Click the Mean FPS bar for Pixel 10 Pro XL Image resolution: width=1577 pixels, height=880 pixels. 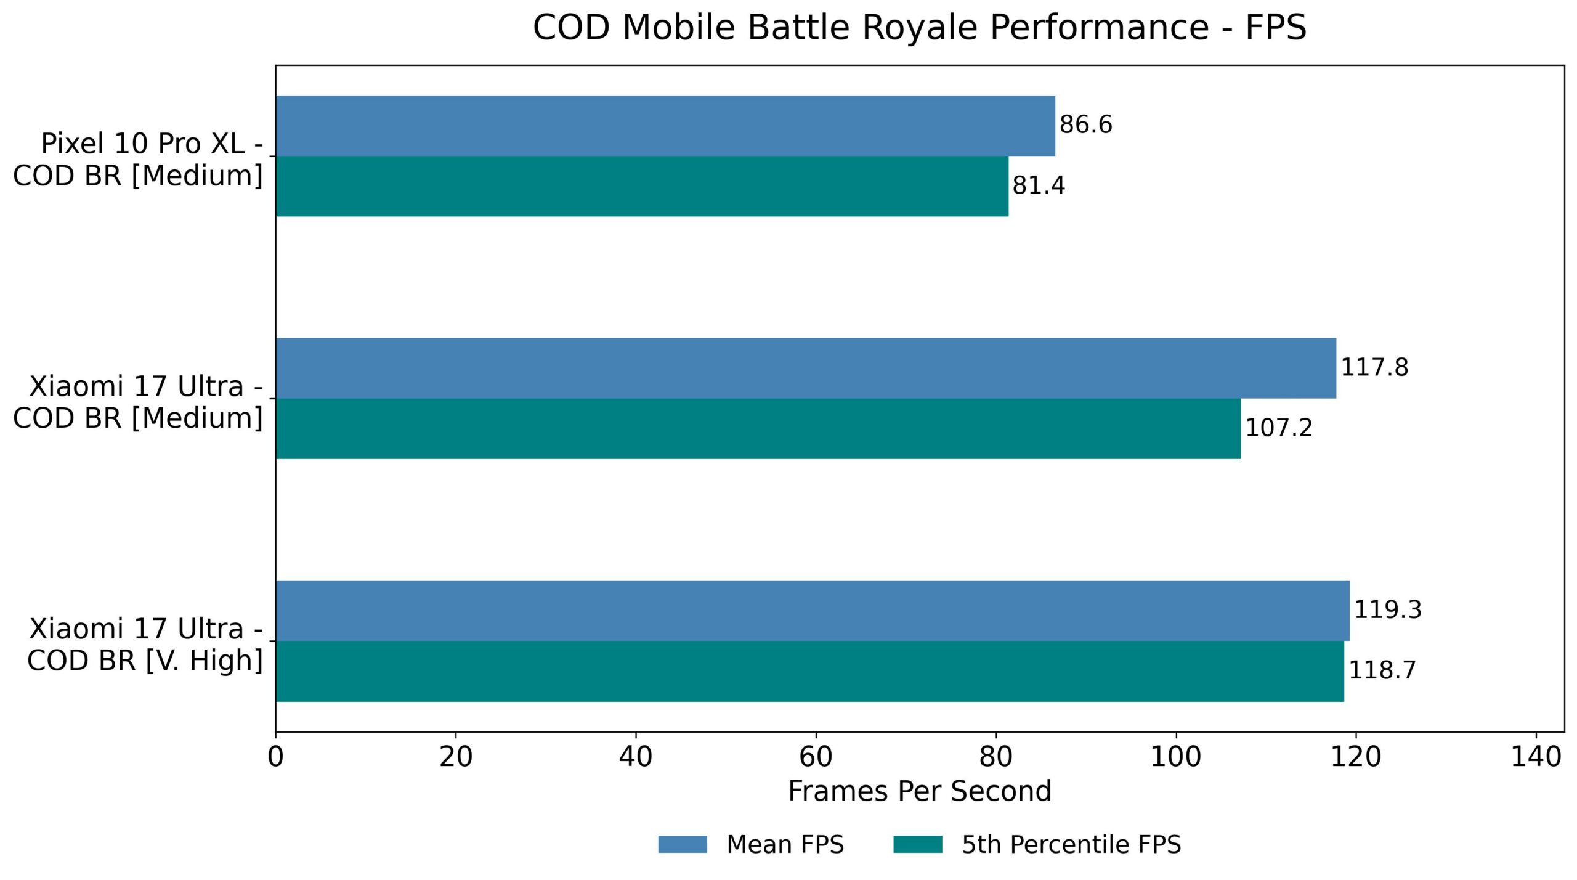(x=665, y=126)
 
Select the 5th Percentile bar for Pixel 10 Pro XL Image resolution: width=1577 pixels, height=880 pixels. (x=642, y=186)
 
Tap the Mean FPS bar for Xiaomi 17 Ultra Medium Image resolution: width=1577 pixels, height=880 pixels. (x=806, y=368)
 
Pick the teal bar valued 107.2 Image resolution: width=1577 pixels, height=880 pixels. (x=758, y=429)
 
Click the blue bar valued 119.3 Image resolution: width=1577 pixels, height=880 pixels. (x=813, y=611)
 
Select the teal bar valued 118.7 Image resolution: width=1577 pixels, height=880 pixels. (x=809, y=671)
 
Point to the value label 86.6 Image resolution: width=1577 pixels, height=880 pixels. (x=1085, y=125)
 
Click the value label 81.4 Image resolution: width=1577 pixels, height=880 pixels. (x=1038, y=185)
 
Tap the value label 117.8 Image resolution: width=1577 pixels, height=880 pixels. (x=1374, y=368)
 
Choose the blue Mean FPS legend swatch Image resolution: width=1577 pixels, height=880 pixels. (x=682, y=844)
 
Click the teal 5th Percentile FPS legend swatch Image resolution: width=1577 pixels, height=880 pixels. (x=917, y=844)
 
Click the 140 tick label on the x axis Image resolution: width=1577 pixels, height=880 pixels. (x=1536, y=756)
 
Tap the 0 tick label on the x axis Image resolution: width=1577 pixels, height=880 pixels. (x=276, y=756)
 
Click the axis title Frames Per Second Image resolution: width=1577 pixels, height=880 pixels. (x=919, y=791)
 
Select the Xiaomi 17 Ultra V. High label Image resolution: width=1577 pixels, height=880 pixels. (x=145, y=645)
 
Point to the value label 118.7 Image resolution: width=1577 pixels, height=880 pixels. (x=1382, y=670)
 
